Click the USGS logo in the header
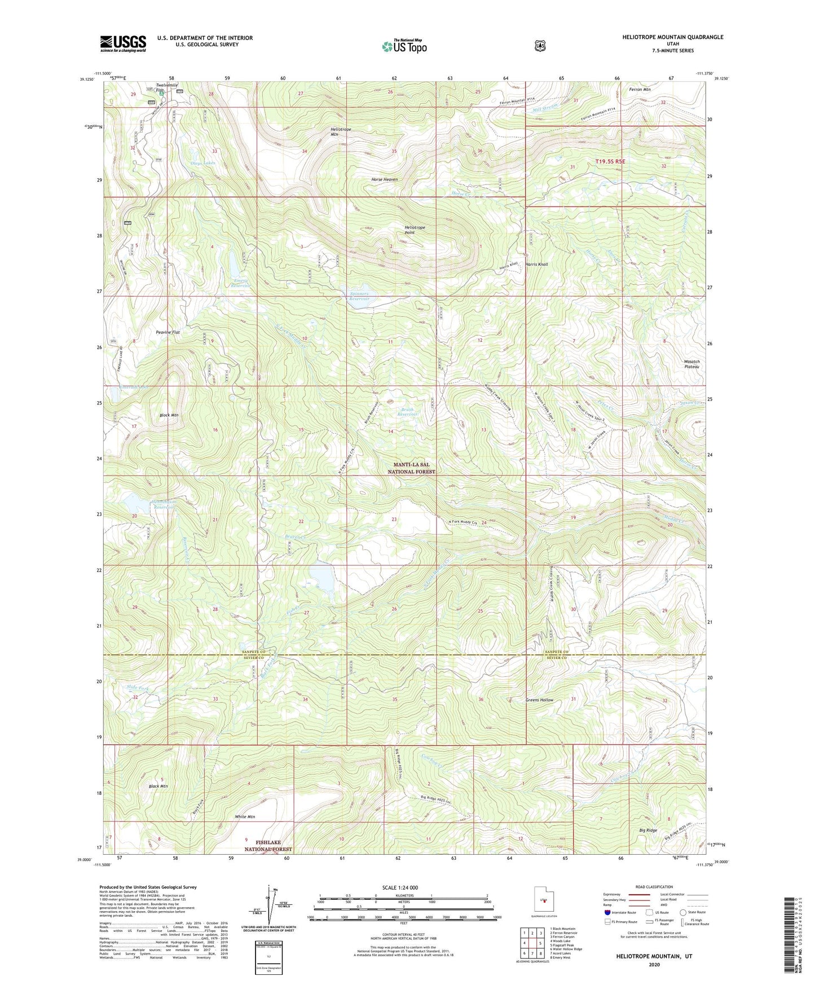(123, 43)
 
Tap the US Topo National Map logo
(404, 46)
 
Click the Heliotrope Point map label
(415, 230)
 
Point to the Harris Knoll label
(536, 264)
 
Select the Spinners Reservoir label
(359, 296)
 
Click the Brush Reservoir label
(407, 412)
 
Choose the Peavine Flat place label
(168, 333)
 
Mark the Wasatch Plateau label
(691, 364)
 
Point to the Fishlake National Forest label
(268, 846)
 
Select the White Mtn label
(245, 817)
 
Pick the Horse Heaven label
(384, 179)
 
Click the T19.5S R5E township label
(610, 162)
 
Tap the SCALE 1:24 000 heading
(400, 887)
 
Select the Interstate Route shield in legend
(607, 912)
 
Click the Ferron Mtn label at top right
(640, 89)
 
